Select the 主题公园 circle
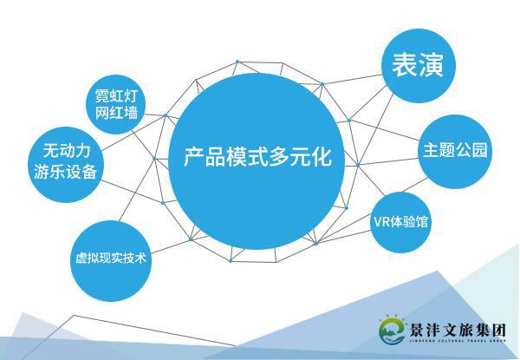(x=455, y=149)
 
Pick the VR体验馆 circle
(x=400, y=220)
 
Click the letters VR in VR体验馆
(x=380, y=221)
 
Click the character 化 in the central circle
(x=324, y=159)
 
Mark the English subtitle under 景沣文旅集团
(x=459, y=344)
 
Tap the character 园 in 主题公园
(x=480, y=150)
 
